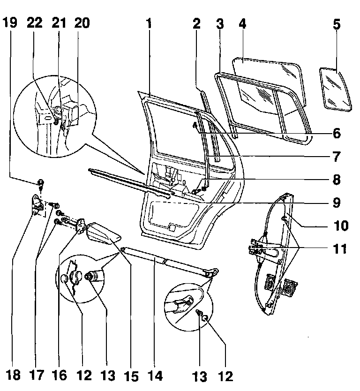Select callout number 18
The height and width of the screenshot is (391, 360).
pos(15,375)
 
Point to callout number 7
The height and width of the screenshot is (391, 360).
pos(337,156)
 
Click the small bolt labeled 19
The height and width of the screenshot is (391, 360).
pos(40,182)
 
